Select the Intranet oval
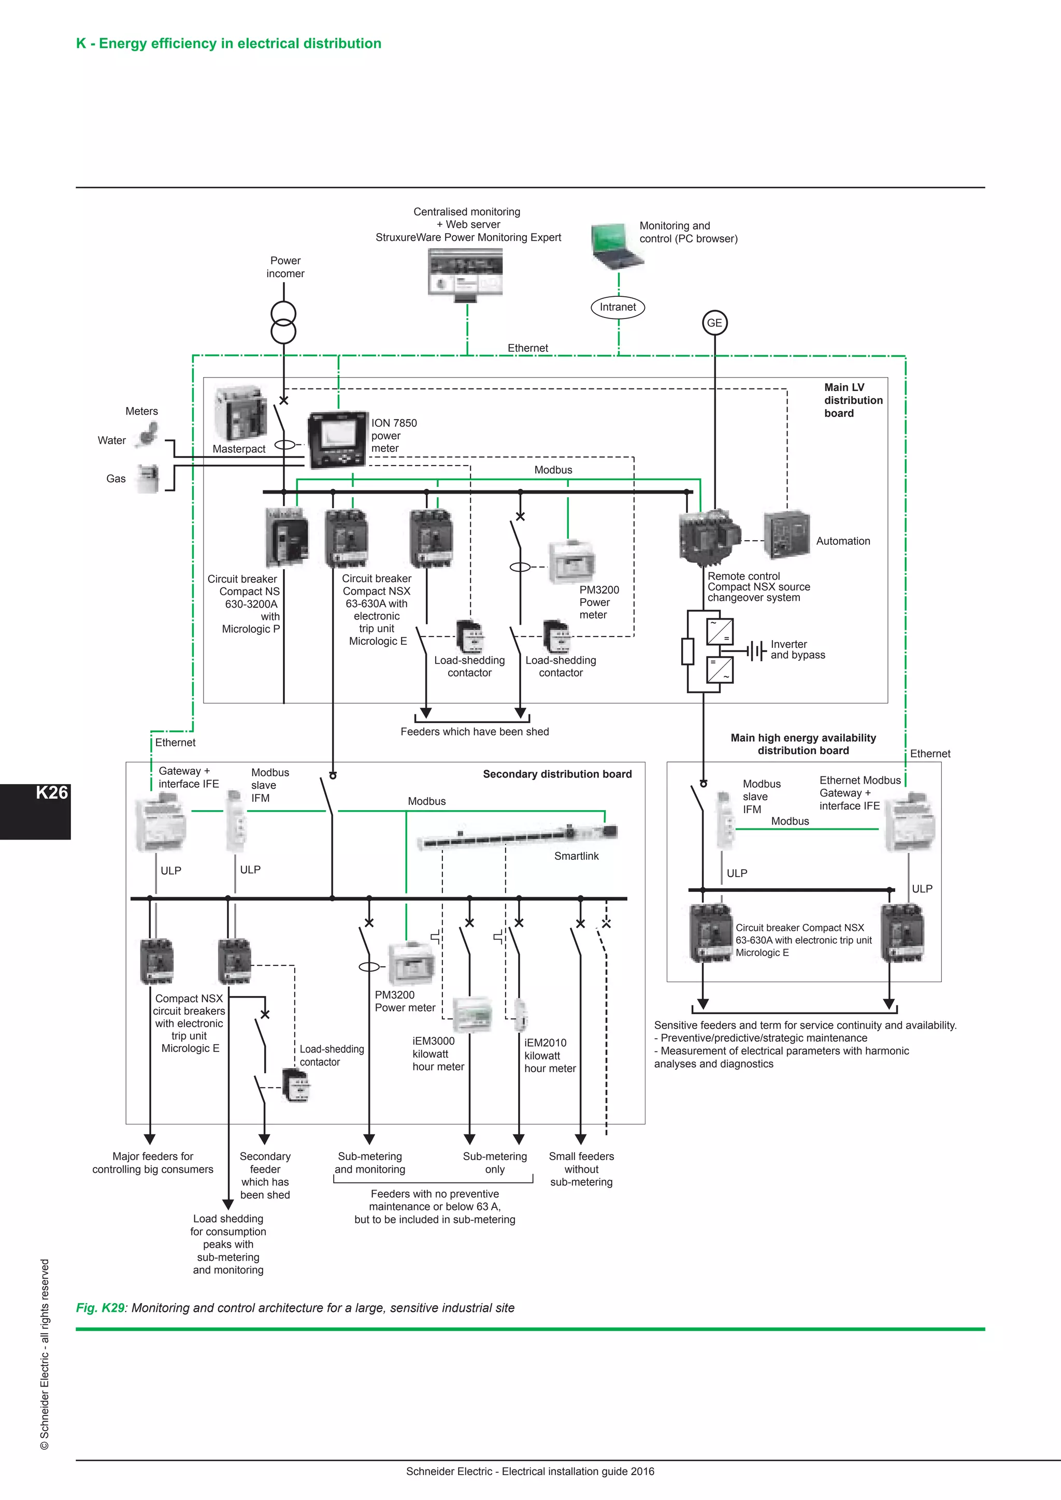point(618,307)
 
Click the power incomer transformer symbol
point(283,323)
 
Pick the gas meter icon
point(148,478)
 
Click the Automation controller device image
point(786,535)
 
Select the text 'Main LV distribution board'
point(853,400)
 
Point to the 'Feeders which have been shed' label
point(475,732)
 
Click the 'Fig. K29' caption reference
point(100,1307)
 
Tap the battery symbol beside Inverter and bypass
point(756,651)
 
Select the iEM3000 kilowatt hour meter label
point(438,1054)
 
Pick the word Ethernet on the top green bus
point(527,348)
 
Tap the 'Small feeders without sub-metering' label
point(581,1169)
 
